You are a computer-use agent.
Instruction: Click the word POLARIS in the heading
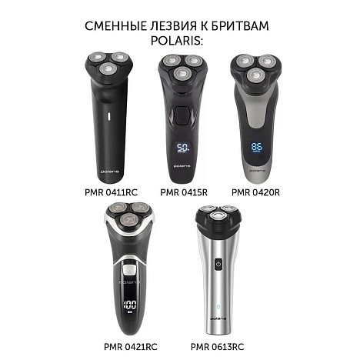coord(176,41)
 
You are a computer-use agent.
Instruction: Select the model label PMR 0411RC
coord(111,192)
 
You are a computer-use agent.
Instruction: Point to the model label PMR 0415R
coord(184,192)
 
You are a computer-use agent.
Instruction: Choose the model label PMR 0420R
coord(255,192)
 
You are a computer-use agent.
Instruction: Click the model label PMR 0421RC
coord(131,347)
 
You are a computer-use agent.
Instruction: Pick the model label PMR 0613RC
coord(217,347)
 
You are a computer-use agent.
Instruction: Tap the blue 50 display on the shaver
coord(184,148)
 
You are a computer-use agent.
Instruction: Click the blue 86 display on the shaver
coord(257,147)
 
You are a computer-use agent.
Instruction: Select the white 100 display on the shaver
coord(130,305)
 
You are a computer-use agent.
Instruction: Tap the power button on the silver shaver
coord(218,264)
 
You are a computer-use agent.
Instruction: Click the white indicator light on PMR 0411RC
coord(108,116)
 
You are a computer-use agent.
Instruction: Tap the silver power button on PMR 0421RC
coord(129,269)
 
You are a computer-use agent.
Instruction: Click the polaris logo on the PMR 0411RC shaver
coord(110,172)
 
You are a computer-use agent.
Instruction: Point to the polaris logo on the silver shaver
coord(218,318)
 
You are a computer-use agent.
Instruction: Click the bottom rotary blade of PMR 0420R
coord(255,76)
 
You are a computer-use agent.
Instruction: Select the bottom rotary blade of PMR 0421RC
coord(128,221)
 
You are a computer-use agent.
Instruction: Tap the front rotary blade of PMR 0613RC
coord(218,218)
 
